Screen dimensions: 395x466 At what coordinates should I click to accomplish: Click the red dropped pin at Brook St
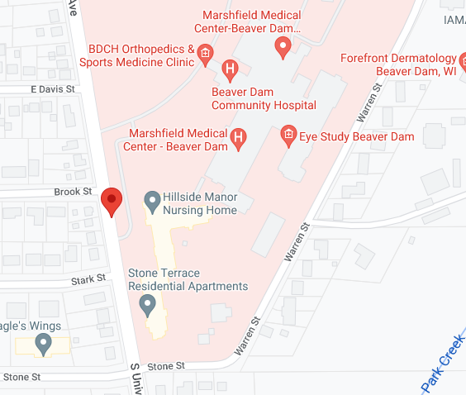pyautogui.click(x=112, y=200)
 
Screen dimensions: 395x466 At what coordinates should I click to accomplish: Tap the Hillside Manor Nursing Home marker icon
pyautogui.click(x=152, y=199)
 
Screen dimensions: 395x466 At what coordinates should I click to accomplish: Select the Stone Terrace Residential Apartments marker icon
pyautogui.click(x=148, y=307)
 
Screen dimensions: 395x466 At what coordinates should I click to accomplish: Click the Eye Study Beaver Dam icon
pyautogui.click(x=288, y=135)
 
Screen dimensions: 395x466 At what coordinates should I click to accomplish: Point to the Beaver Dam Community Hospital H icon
pyautogui.click(x=231, y=68)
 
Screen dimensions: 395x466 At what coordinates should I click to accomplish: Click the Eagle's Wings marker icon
pyautogui.click(x=43, y=342)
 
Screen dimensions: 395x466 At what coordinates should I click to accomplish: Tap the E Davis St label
pyautogui.click(x=53, y=88)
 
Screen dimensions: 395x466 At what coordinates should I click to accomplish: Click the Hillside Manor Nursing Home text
pyautogui.click(x=200, y=204)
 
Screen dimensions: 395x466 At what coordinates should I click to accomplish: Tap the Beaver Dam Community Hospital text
pyautogui.click(x=264, y=98)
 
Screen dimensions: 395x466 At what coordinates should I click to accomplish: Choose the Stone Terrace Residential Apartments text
pyautogui.click(x=188, y=280)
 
